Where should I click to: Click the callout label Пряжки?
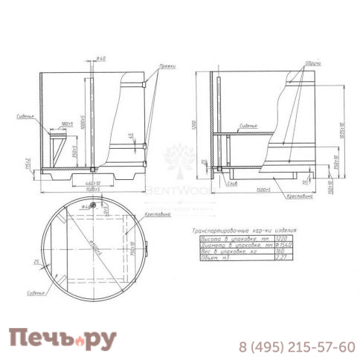(x=167, y=66)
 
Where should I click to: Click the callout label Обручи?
(x=313, y=64)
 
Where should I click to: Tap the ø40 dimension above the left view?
(x=102, y=59)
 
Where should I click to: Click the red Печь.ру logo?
(x=62, y=341)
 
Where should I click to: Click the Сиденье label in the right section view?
(x=249, y=128)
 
